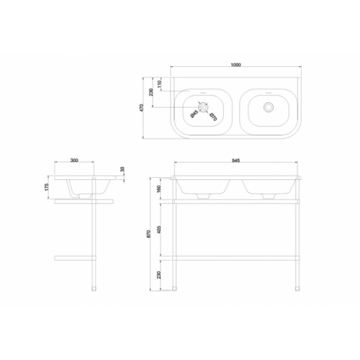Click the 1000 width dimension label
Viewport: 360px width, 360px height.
point(235,66)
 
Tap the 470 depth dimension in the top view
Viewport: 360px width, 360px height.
point(143,107)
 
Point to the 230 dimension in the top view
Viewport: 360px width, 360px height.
point(152,92)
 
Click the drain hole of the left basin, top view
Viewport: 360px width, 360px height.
point(204,108)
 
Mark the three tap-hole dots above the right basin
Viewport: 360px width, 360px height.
point(269,92)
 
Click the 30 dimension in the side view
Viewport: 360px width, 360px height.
point(123,170)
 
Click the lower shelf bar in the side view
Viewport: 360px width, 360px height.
point(75,256)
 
